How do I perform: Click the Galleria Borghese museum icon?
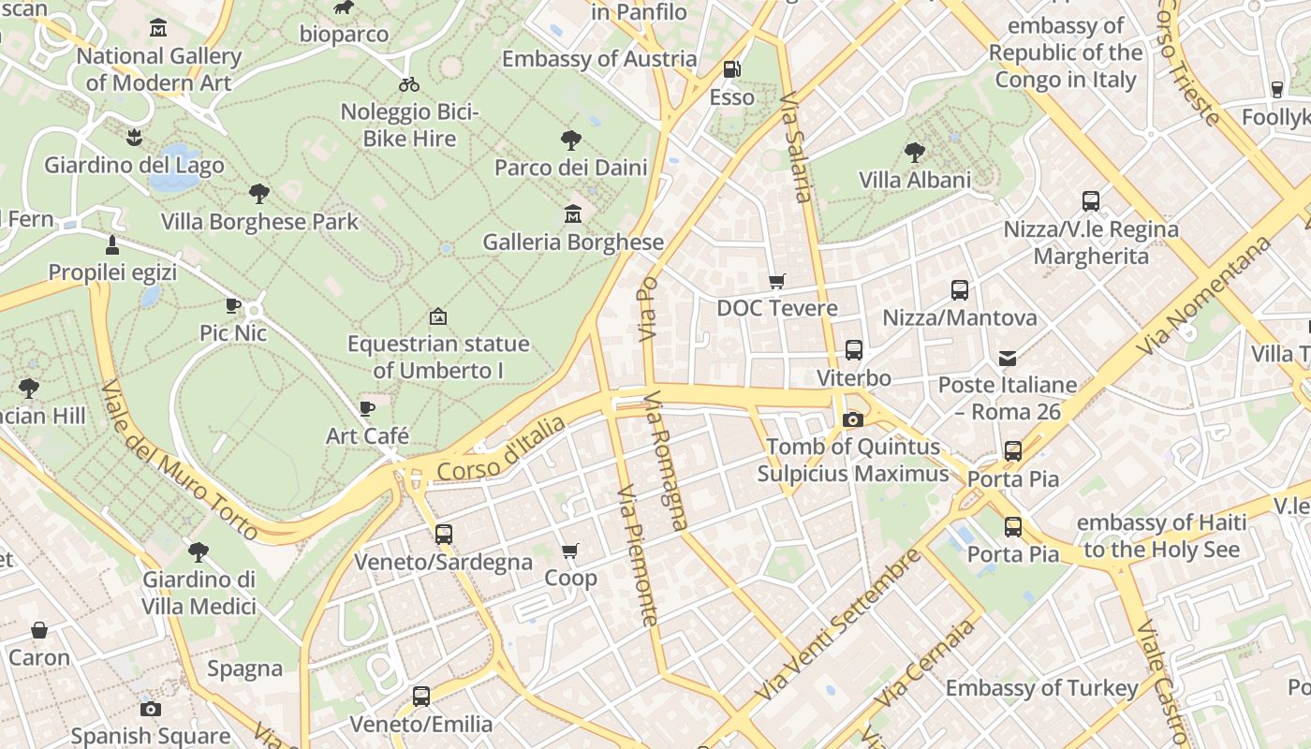click(x=572, y=214)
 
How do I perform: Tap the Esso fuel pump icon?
click(x=731, y=69)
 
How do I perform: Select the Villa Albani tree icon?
click(x=915, y=152)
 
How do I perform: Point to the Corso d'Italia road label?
click(x=501, y=449)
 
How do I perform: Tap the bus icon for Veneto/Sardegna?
click(x=443, y=535)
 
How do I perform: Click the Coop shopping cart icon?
click(x=570, y=551)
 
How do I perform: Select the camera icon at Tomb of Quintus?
click(x=852, y=419)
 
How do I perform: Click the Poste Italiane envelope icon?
click(x=1008, y=358)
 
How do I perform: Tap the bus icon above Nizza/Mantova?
click(x=960, y=290)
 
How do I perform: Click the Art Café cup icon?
click(x=367, y=408)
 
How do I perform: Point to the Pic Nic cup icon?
click(x=233, y=305)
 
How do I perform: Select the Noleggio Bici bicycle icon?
click(x=409, y=84)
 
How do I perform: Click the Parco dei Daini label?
click(x=570, y=168)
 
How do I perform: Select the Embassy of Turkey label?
click(x=1041, y=688)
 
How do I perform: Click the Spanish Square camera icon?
click(x=150, y=709)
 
